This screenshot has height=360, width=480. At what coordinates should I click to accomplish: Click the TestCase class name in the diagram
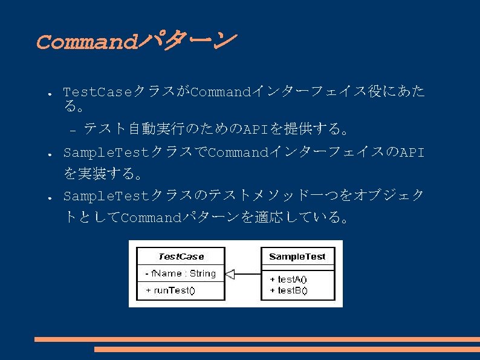point(181,257)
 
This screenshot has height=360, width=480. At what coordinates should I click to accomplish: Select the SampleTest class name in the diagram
point(297,257)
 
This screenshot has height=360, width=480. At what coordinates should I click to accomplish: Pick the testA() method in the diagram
point(288,280)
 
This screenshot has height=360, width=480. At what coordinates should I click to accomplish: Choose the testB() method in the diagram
point(288,290)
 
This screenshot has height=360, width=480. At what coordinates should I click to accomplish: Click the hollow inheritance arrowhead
point(229,274)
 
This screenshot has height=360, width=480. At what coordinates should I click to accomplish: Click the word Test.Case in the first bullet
point(97,93)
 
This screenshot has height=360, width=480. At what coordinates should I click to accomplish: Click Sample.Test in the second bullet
point(106,152)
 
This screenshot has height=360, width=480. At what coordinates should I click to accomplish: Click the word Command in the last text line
point(151,218)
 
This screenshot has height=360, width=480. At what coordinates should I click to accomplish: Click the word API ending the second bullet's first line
point(412,152)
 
